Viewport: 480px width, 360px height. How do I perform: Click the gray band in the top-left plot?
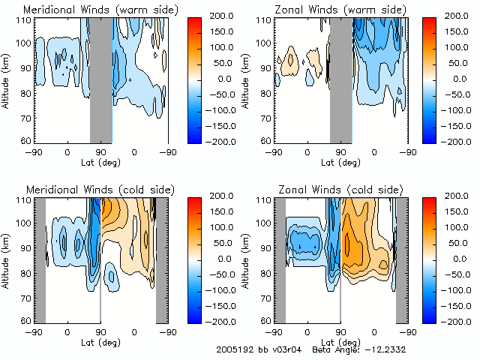coord(100,79)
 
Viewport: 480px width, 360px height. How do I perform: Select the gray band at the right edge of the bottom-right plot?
coord(401,259)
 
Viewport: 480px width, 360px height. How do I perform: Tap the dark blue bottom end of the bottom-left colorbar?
coord(190,316)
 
